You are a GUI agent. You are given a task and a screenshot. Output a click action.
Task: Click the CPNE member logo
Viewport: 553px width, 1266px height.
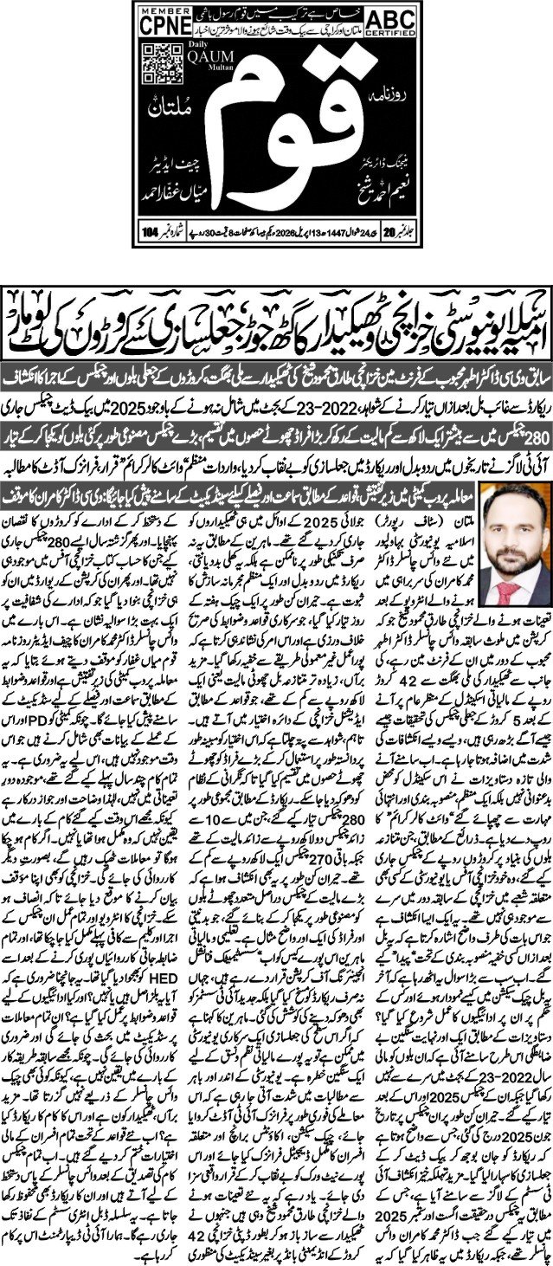[165, 28]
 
